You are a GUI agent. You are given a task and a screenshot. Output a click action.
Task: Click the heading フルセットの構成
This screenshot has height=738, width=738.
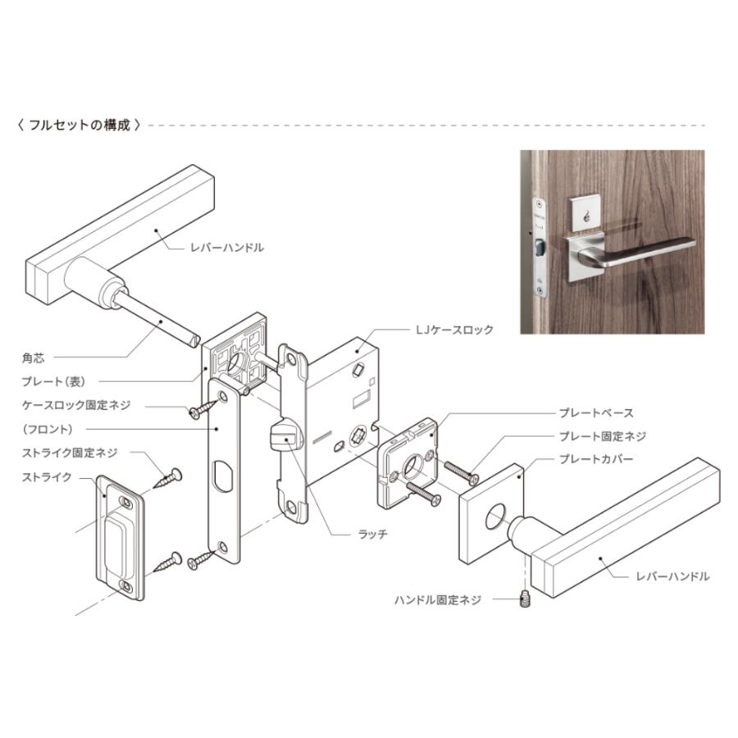coord(79,125)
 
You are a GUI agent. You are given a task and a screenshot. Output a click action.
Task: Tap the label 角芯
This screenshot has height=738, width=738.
coord(34,358)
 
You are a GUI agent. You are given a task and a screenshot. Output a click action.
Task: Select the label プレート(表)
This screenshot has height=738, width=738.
coord(53,381)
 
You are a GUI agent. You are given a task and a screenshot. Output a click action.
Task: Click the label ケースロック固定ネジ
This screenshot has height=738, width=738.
coord(76,405)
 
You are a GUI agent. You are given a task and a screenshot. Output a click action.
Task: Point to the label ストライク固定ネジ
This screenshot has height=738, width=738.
coord(70,453)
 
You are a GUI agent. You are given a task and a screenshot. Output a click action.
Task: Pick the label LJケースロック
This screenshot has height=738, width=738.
coord(454,330)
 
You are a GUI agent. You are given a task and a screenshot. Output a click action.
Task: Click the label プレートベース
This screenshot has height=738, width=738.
coord(596,412)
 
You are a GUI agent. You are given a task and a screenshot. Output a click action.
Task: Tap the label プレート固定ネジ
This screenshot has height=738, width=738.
coord(603,436)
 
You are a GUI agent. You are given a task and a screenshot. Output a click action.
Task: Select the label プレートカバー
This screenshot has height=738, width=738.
coord(596,459)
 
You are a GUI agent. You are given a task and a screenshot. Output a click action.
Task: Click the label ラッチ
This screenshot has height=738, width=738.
coord(373,534)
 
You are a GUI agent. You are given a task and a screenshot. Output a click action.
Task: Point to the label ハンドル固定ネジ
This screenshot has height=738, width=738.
coord(438,599)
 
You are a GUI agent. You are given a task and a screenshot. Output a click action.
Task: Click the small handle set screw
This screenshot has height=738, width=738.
coord(526,599)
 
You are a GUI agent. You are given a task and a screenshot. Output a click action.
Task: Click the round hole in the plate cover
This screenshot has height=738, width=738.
coord(495,517)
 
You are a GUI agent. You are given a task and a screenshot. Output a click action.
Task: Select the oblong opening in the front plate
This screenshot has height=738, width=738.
coord(224,476)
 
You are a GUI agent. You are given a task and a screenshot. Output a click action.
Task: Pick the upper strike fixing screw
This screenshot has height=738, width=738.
coord(167,478)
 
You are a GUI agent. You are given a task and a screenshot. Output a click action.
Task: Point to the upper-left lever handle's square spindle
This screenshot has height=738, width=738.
coord(159,319)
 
